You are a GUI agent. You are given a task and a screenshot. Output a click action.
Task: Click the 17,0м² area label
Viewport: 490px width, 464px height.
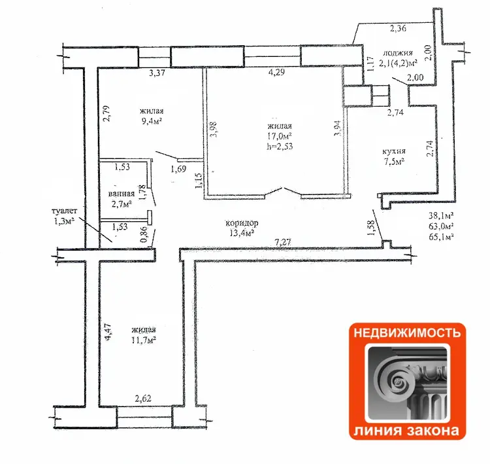[x=280, y=136]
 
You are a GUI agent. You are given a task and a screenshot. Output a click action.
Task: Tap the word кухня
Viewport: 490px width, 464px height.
[x=394, y=152]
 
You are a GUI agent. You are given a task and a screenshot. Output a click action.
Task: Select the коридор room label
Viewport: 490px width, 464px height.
[x=242, y=223]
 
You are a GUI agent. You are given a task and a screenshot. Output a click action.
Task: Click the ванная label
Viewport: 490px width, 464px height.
[x=122, y=194]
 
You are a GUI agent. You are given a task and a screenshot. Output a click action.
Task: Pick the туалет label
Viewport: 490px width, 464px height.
[x=64, y=211]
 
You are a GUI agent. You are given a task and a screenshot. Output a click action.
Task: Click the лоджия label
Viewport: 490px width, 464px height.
[x=397, y=54]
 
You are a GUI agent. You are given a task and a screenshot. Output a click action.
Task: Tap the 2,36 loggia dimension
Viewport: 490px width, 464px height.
[x=398, y=29]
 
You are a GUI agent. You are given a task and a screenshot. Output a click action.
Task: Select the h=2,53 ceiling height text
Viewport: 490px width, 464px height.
[x=280, y=146]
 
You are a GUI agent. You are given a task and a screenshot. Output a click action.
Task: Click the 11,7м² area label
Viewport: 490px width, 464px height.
[x=144, y=340]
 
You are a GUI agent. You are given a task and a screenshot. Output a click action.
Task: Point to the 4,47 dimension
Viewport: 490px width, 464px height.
[x=108, y=332]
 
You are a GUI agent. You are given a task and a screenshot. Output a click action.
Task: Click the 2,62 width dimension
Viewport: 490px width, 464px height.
[x=143, y=399]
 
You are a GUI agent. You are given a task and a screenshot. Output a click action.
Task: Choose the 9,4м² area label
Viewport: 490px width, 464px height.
[x=152, y=121]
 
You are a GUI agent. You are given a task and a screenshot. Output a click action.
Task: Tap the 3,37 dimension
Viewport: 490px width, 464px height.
[x=157, y=73]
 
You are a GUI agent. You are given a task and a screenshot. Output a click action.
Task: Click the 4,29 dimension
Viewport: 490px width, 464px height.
[x=276, y=73]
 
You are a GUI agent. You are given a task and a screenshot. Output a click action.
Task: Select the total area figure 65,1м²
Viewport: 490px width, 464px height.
[x=442, y=236]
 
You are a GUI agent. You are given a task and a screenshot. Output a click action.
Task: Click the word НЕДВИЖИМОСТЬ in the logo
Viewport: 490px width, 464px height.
[x=407, y=332]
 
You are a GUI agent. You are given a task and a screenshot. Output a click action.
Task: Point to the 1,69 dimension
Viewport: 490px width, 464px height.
[x=178, y=170]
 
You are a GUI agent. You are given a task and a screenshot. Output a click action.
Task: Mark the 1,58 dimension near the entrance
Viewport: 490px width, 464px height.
[x=371, y=228]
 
